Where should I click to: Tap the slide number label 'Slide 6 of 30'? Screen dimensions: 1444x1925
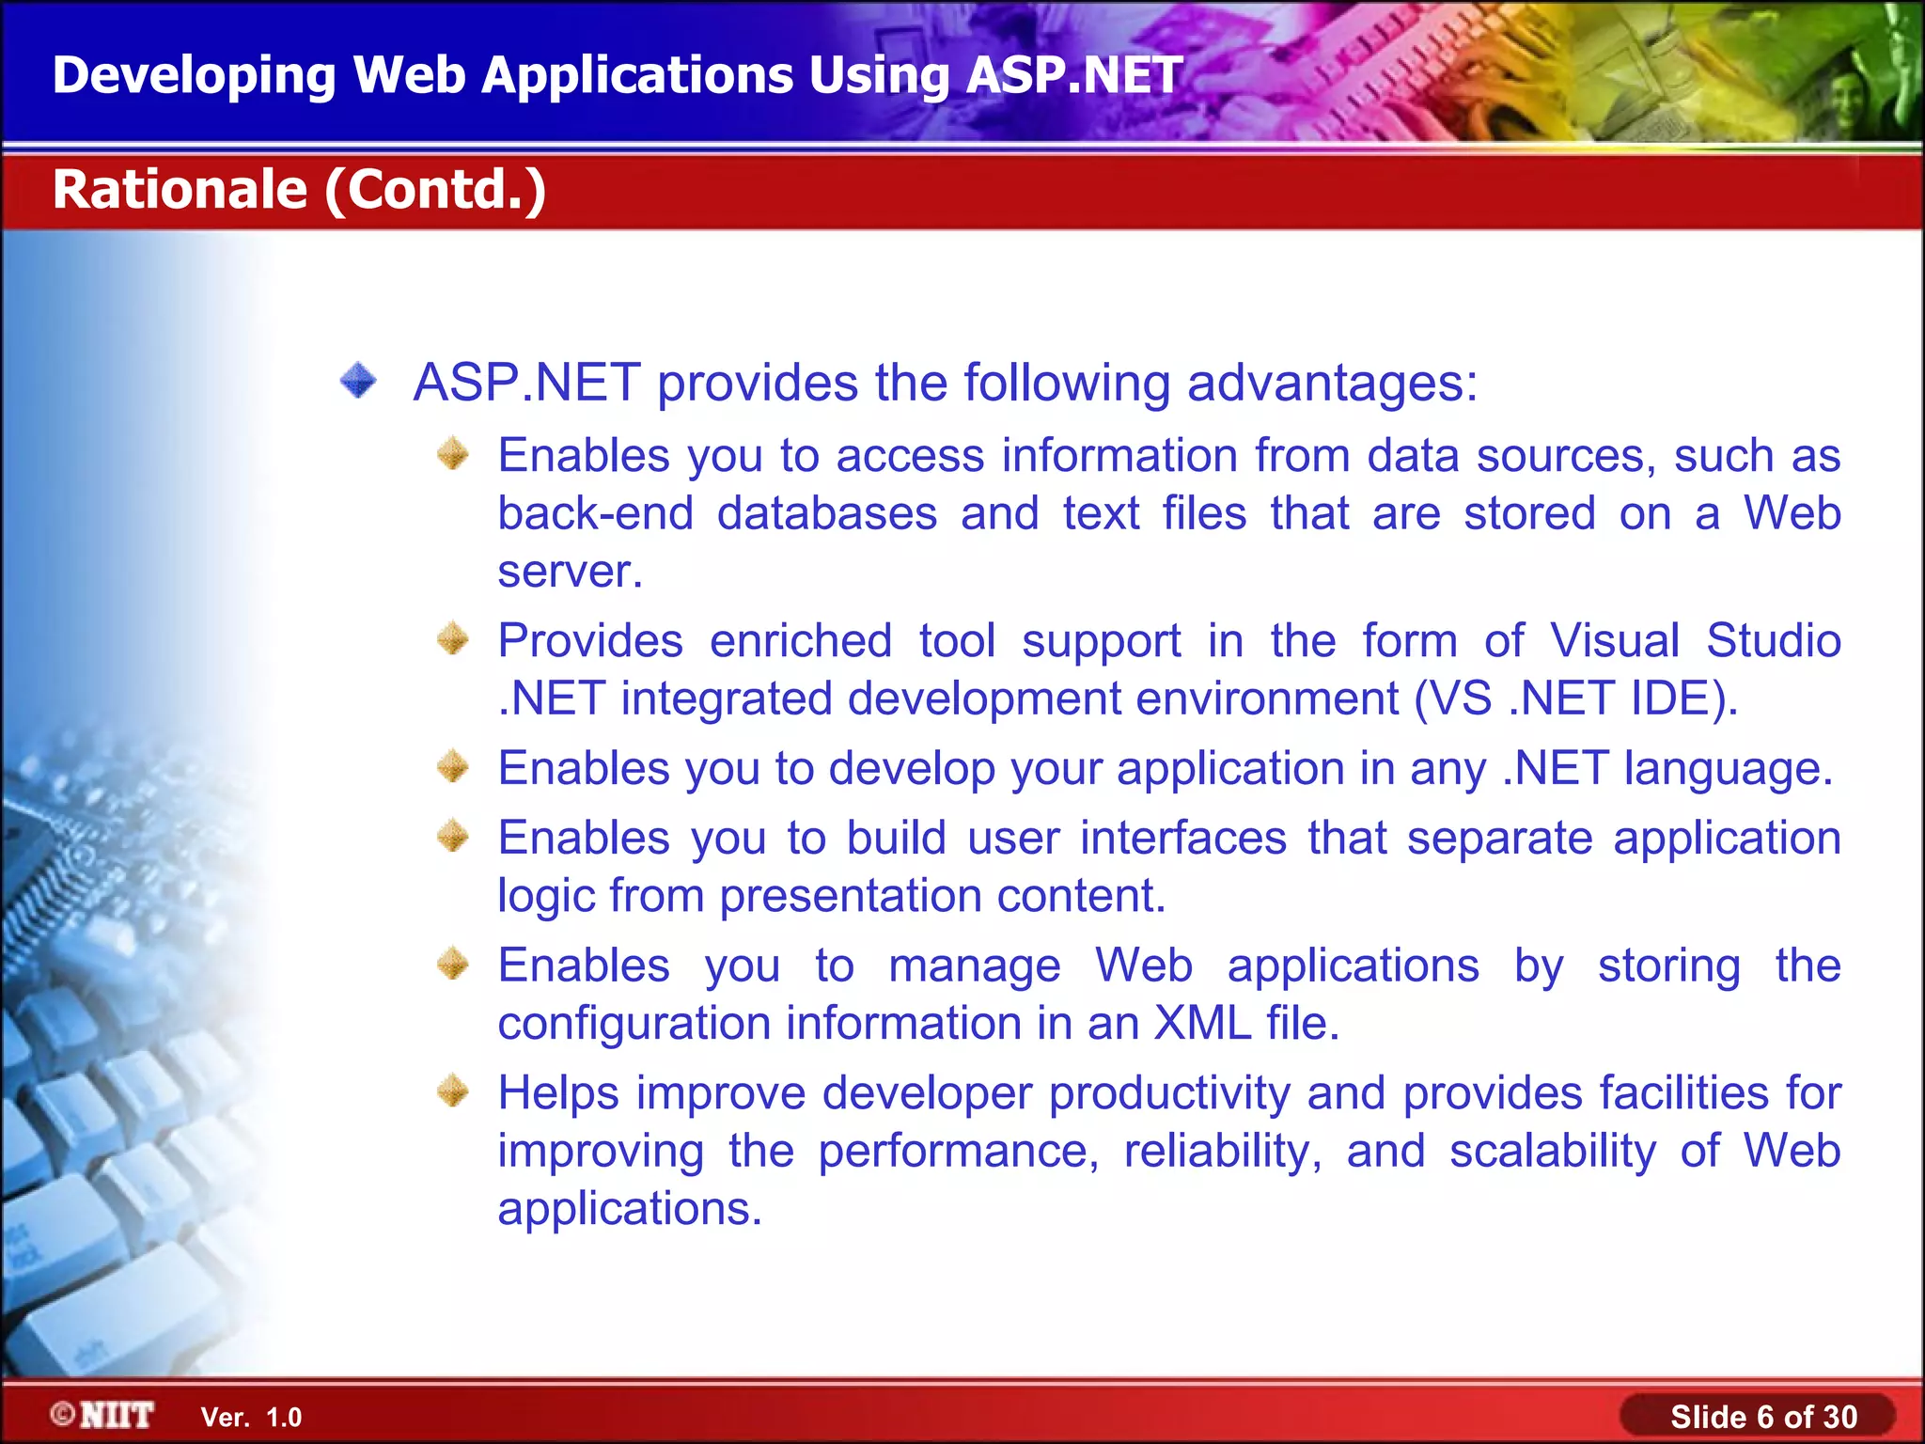tap(1763, 1417)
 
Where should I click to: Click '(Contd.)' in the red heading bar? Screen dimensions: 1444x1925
tap(436, 189)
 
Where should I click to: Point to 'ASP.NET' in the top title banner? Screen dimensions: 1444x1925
tap(1073, 75)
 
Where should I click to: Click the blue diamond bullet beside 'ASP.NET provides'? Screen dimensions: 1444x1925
tap(358, 382)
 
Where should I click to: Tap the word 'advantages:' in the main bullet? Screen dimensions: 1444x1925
tap(1332, 384)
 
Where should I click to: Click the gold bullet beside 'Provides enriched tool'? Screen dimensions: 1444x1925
tap(453, 639)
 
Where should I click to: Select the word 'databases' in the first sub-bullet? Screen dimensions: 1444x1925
tap(827, 514)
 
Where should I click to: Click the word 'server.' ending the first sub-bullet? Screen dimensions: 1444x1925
tap(570, 572)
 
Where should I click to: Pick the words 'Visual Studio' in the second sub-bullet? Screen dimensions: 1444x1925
tap(1695, 641)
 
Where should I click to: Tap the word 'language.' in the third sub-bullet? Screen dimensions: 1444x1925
tap(1729, 769)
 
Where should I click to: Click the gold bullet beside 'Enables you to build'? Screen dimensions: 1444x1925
tap(453, 836)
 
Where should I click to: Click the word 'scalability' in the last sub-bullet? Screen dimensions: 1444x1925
tap(1552, 1152)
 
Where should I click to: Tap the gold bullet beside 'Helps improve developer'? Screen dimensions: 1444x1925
tap(453, 1091)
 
